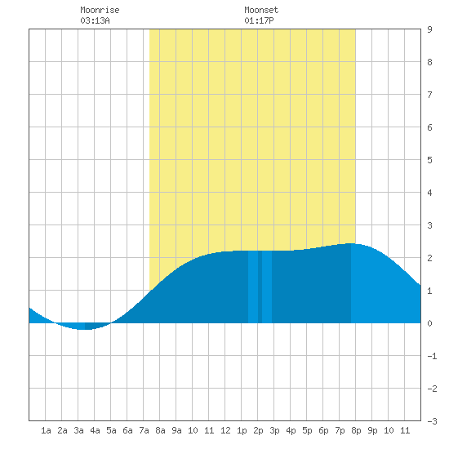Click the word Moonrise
(100, 10)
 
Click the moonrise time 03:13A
(95, 20)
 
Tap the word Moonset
(261, 10)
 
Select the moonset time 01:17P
(259, 20)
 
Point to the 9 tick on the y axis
(429, 29)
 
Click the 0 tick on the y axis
(429, 323)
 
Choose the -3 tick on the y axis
(432, 421)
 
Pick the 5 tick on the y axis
(429, 160)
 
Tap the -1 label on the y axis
(432, 356)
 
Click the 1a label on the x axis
(46, 430)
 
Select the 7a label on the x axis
(144, 430)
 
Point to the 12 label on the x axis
(225, 430)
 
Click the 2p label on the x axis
(258, 430)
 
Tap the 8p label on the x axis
(356, 430)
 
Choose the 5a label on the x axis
(111, 430)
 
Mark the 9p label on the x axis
(372, 430)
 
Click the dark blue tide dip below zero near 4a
(95, 326)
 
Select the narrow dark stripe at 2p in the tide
(260, 287)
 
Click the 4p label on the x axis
(291, 430)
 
